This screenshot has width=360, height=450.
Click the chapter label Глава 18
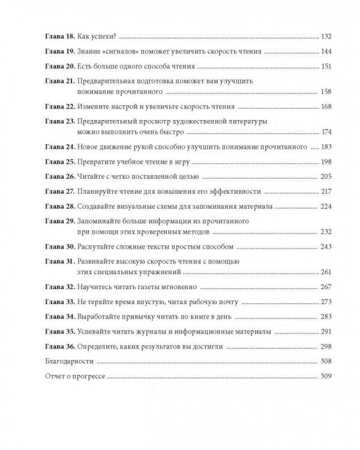coord(59,36)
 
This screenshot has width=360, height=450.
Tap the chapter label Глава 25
coord(59,162)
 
